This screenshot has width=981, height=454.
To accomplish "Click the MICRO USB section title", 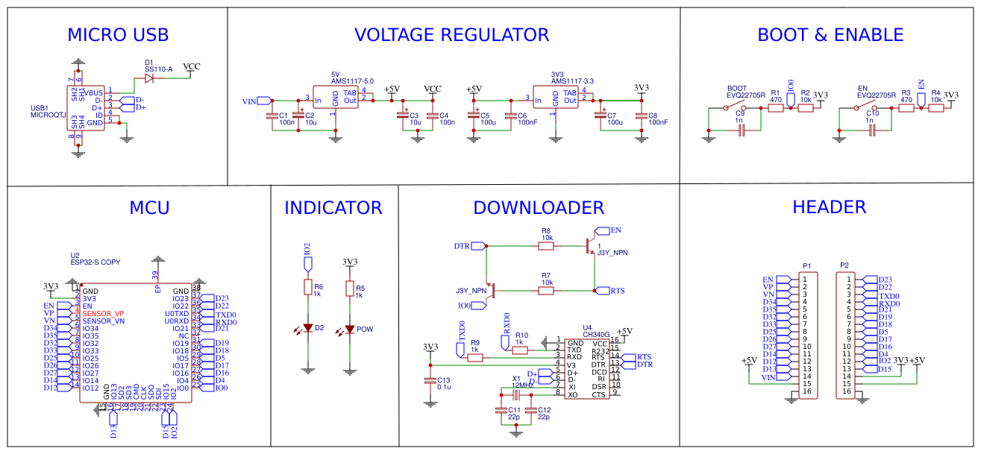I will (118, 35).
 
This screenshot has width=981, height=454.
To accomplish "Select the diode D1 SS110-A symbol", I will (149, 78).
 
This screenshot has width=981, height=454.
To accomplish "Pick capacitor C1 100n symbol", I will (272, 115).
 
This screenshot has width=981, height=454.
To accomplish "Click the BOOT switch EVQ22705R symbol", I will (733, 108).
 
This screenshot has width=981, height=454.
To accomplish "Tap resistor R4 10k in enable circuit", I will (935, 108).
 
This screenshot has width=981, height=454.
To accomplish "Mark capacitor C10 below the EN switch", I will (871, 130).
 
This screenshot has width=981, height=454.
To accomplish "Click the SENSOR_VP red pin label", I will (103, 313).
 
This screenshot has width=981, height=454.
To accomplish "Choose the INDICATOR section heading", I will (333, 208).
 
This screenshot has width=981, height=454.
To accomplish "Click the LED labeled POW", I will (349, 329).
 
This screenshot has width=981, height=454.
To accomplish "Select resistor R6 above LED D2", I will (307, 288).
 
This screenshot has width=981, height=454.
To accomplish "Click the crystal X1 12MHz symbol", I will (515, 394).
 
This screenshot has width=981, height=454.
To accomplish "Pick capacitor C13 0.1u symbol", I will (429, 381).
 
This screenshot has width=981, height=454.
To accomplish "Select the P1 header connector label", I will (806, 265).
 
